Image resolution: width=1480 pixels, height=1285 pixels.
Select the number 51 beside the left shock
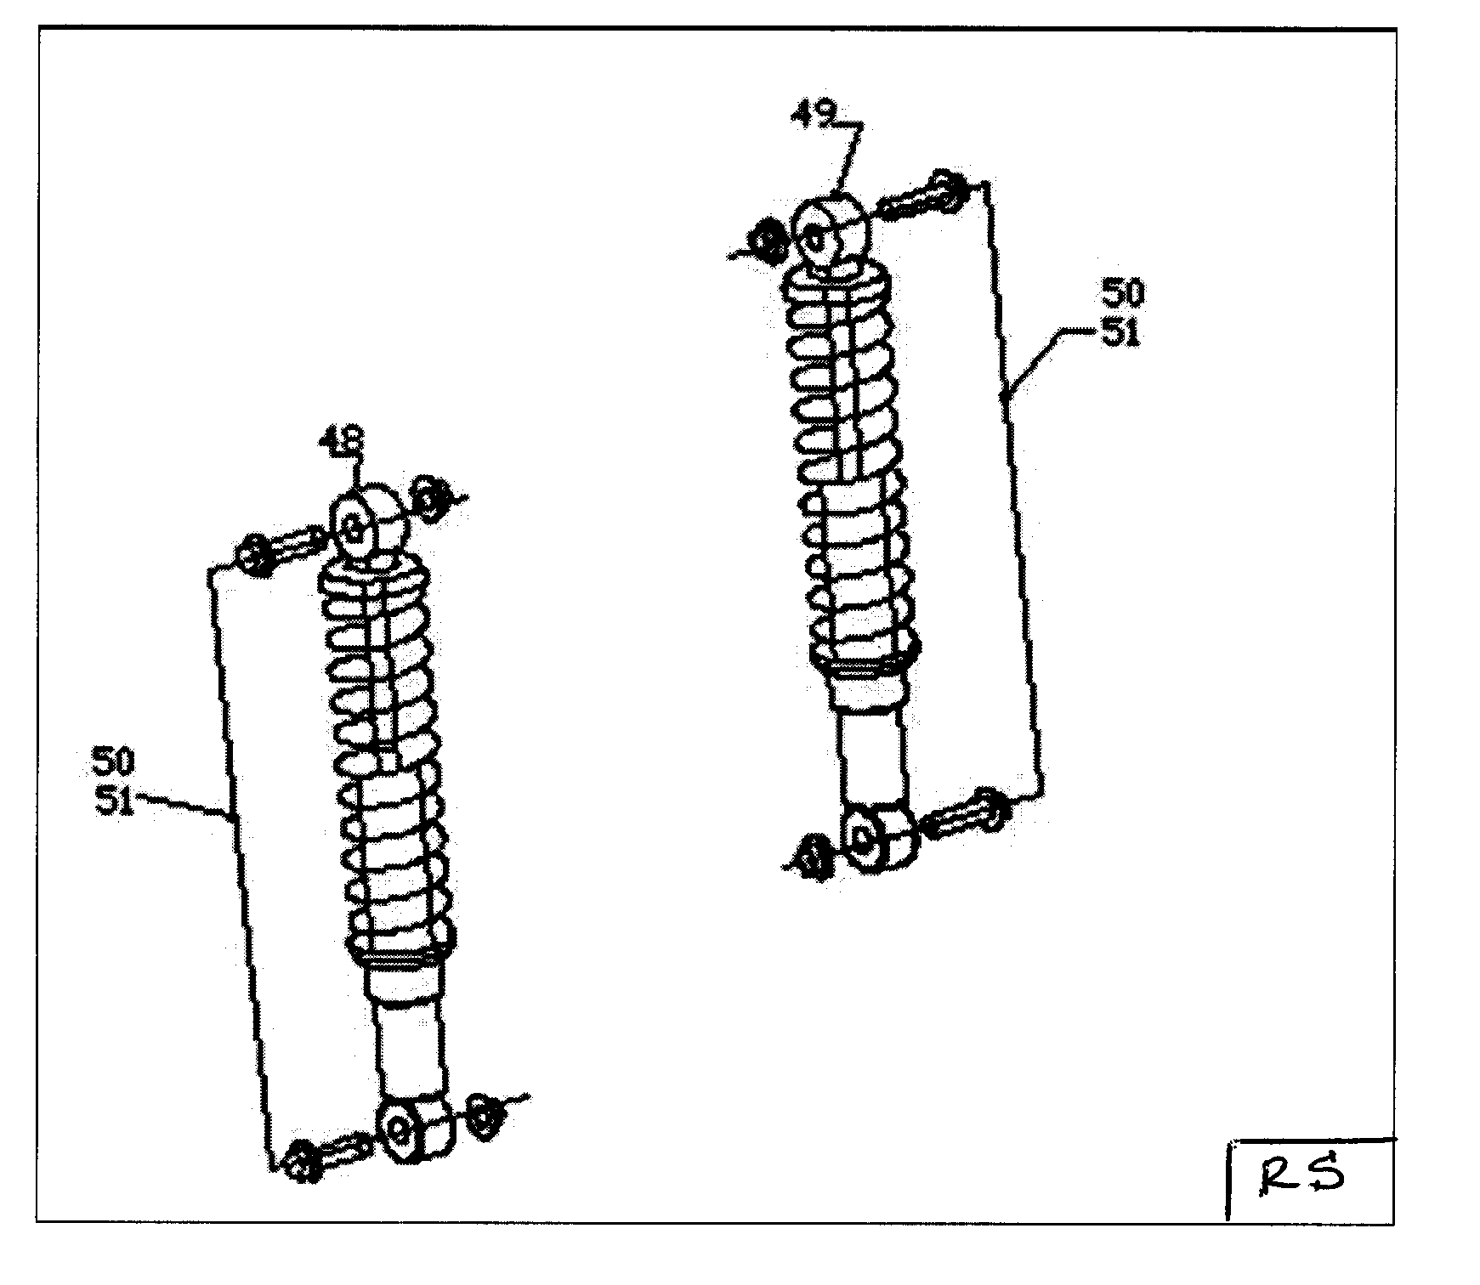[x=114, y=801]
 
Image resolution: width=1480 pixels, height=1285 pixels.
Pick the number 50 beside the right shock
[x=1122, y=293]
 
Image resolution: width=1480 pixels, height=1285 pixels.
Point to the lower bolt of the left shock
[x=327, y=1156]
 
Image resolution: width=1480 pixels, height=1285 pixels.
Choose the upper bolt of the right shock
[x=922, y=198]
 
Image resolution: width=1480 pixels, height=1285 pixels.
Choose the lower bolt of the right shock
[x=965, y=814]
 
